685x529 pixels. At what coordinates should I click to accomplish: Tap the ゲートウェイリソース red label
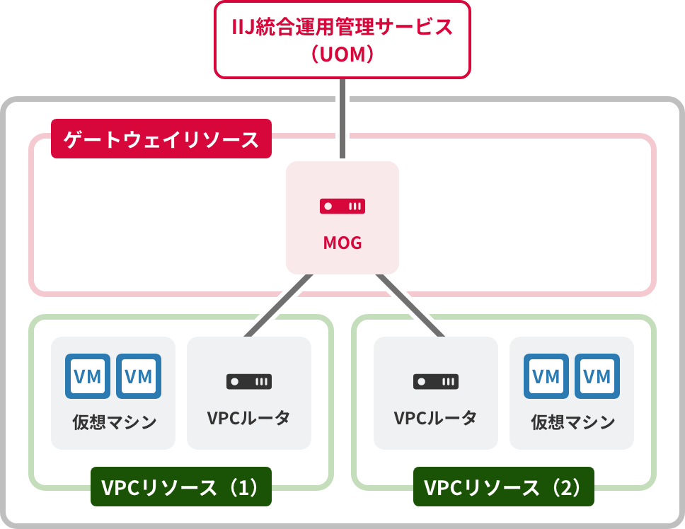coord(161,139)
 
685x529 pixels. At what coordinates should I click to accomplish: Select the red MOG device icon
coord(342,207)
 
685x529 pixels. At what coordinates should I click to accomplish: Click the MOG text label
coord(342,243)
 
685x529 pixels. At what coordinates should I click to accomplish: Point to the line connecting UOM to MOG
coord(342,118)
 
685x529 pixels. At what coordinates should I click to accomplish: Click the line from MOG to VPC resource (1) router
coord(277,305)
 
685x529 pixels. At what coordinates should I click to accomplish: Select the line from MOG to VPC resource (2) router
coord(410,305)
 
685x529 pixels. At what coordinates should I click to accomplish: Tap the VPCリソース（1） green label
coord(180,487)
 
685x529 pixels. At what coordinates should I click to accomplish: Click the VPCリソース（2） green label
coord(503,487)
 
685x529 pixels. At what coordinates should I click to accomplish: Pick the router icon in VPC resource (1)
coord(249,381)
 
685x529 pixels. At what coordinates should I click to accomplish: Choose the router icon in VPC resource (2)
coord(436,381)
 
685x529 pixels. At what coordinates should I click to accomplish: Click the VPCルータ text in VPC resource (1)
coord(249,418)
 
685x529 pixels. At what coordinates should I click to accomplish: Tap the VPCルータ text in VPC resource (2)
coord(436,418)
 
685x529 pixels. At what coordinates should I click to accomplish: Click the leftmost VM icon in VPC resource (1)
coord(88,376)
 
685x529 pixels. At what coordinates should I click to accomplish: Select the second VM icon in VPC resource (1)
coord(139,376)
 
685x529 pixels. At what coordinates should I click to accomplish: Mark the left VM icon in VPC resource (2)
coord(546,376)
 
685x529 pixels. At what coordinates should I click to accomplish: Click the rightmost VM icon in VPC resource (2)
coord(597,376)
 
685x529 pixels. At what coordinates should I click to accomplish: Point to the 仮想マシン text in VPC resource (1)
coord(114,423)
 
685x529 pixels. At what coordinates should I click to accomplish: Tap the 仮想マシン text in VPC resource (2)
coord(572,423)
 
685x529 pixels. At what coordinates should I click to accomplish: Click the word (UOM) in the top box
coord(342,54)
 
